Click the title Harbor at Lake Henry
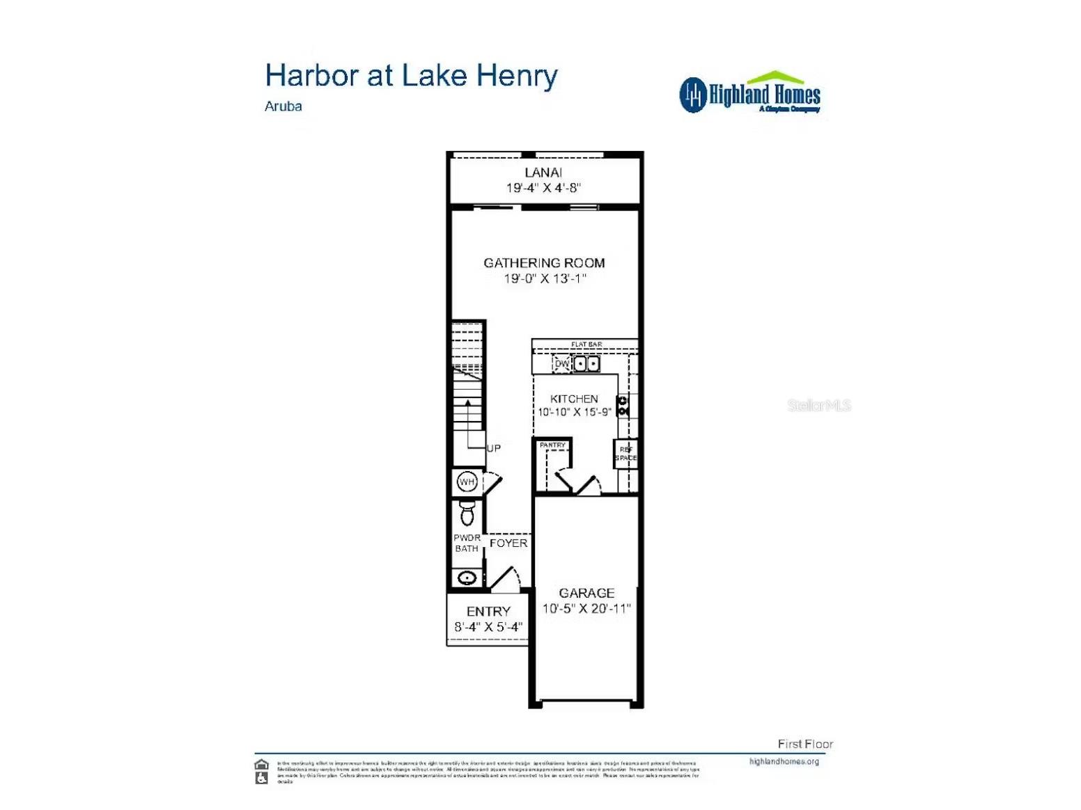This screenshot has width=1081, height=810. (411, 76)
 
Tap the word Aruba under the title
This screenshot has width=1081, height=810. (283, 106)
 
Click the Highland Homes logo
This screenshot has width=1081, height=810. (749, 93)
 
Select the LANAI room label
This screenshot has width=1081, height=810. (543, 173)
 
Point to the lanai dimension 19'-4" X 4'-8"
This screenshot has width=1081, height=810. (543, 188)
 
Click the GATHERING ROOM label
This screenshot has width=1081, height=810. (544, 263)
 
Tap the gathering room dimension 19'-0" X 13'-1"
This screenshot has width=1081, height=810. (545, 278)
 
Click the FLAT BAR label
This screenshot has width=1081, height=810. (586, 344)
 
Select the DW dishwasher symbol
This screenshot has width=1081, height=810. (561, 364)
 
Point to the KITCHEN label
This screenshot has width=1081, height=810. (574, 399)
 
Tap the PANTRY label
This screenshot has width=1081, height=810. (552, 445)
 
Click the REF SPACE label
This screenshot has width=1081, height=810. (625, 454)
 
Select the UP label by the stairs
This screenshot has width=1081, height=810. (493, 448)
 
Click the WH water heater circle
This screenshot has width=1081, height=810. (467, 482)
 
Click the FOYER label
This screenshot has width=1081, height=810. (508, 543)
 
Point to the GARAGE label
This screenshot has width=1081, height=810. (586, 593)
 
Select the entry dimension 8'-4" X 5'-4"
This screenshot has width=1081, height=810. (488, 627)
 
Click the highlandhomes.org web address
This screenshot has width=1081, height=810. (784, 761)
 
